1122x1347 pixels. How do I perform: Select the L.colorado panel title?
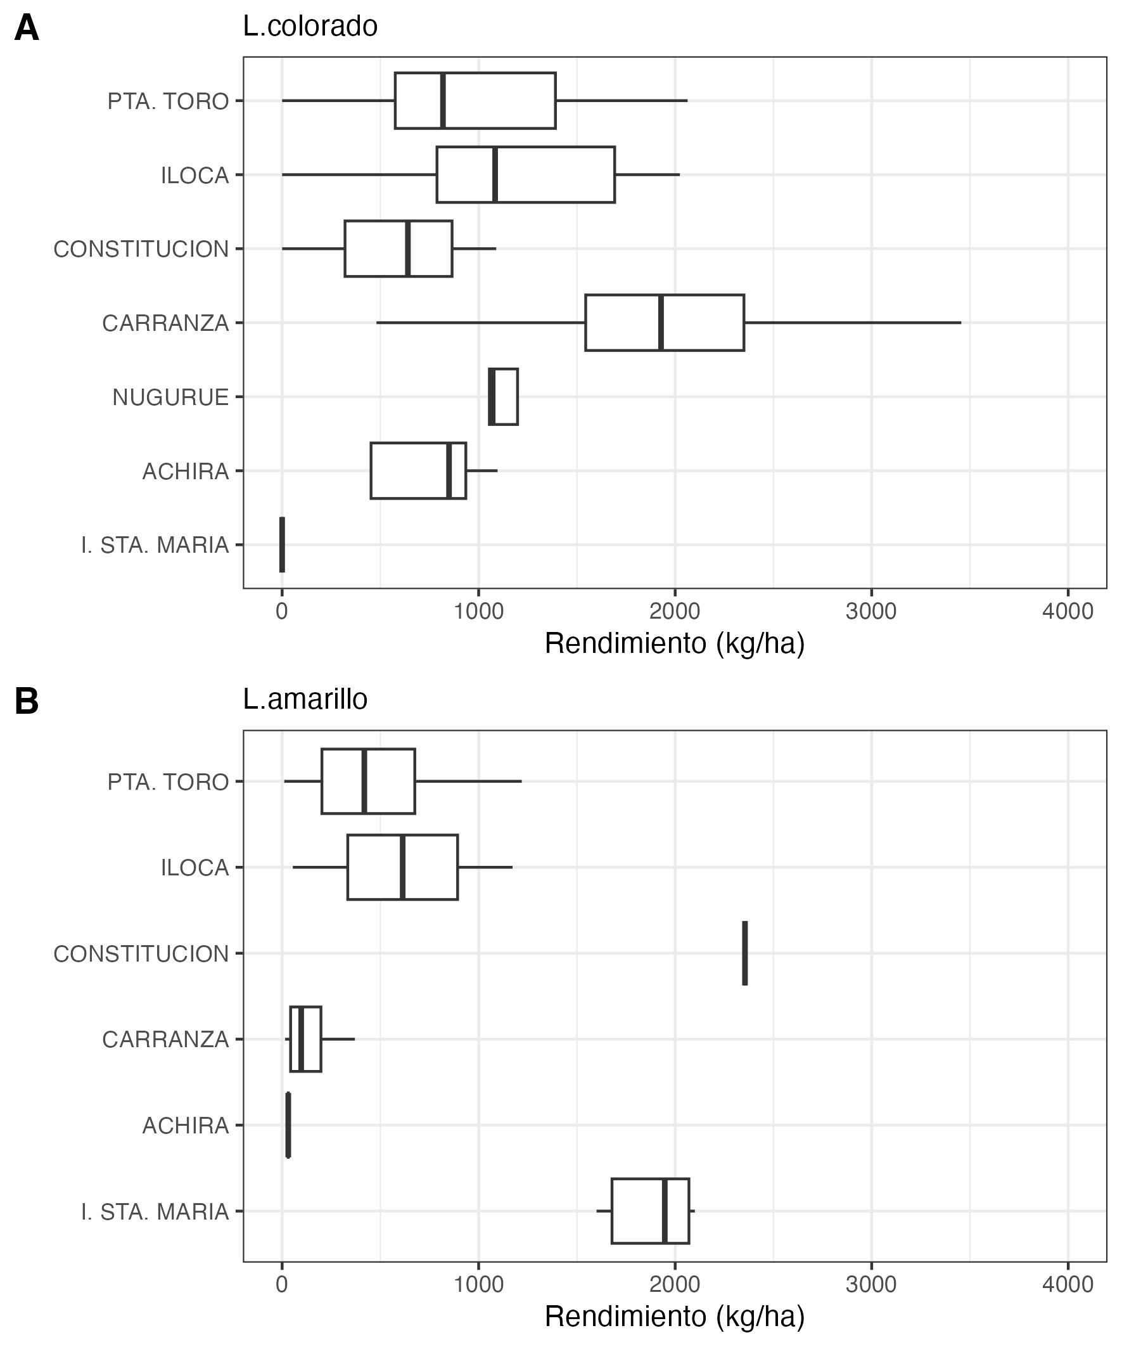310,27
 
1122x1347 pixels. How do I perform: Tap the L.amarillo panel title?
305,700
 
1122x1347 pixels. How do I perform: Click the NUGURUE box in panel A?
503,397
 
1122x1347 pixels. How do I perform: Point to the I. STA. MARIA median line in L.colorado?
282,545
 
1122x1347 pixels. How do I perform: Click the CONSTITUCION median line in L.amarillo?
745,953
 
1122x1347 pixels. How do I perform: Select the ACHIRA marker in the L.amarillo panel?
288,1125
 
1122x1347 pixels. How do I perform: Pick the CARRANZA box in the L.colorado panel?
665,323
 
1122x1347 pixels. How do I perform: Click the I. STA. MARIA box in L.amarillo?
650,1211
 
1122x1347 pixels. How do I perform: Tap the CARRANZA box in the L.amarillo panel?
306,1039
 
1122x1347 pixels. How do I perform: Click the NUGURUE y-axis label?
170,397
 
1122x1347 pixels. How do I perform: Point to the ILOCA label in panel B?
195,868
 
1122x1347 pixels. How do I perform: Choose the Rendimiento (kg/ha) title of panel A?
675,643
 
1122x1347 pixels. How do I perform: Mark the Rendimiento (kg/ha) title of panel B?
675,1316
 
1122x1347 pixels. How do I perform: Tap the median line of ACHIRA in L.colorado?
449,471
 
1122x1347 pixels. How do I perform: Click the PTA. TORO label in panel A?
168,101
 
